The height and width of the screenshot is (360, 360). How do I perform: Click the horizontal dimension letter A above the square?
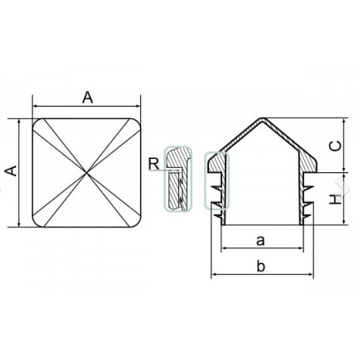coord(88,98)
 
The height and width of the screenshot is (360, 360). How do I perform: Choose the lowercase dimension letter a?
coord(260,240)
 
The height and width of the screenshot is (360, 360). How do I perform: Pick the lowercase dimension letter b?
coord(261,266)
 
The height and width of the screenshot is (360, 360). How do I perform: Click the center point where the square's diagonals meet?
coord(87,172)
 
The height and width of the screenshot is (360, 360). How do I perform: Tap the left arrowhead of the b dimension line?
coord(213,274)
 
